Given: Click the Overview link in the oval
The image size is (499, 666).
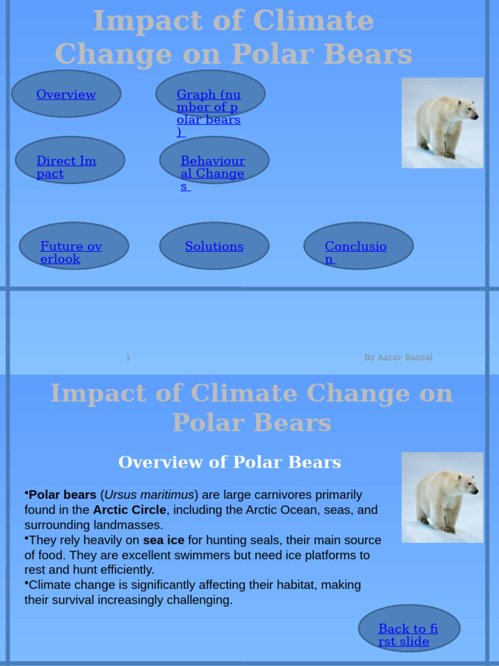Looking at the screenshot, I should (x=66, y=94).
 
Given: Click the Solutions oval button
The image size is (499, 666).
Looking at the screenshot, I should (x=214, y=246).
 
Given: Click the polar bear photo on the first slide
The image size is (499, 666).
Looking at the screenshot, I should (x=442, y=123).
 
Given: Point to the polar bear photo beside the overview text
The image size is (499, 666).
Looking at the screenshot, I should (x=442, y=498).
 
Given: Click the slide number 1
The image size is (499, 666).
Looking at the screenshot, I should (x=128, y=358).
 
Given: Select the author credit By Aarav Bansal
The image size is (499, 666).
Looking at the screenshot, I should (x=398, y=358).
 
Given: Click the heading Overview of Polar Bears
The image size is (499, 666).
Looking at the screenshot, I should (x=229, y=462).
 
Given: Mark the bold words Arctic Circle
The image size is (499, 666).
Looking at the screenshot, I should (x=129, y=511).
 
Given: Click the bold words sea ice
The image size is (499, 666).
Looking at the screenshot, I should (x=164, y=540).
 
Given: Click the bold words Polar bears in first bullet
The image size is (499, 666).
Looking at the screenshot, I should (x=62, y=496).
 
